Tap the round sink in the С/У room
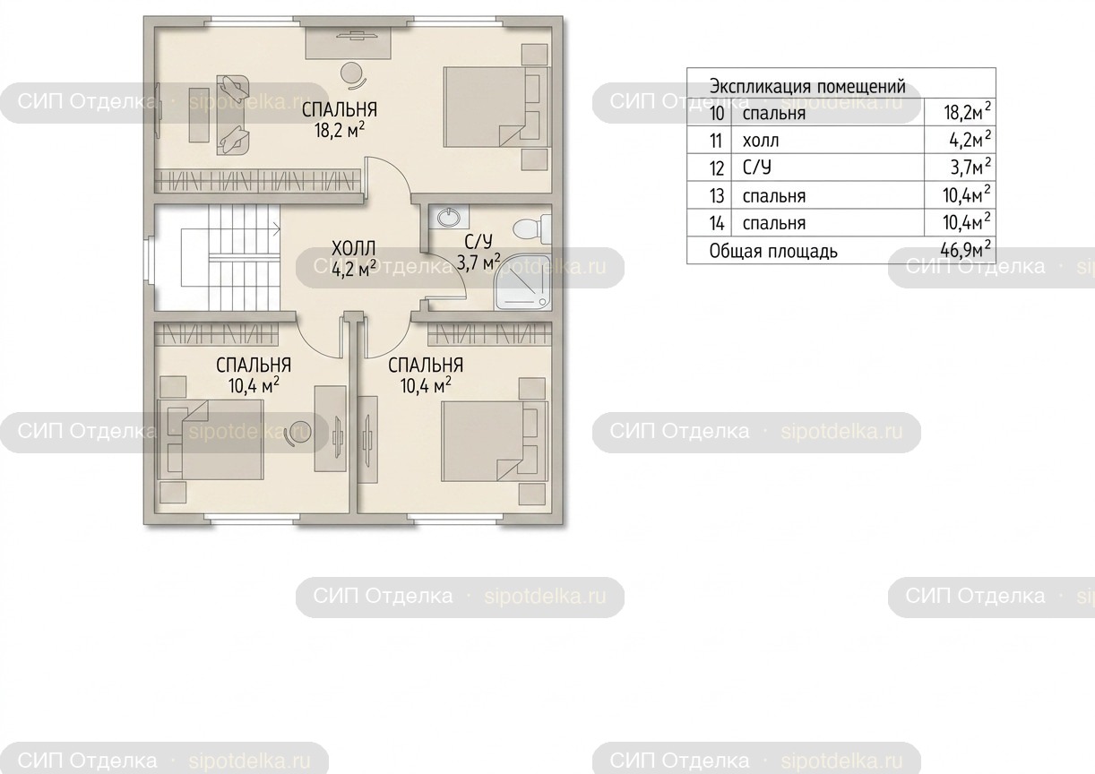[x=449, y=218]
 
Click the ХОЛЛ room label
[x=353, y=248]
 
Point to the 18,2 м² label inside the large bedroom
[x=340, y=131]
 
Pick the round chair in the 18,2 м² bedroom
[x=352, y=75]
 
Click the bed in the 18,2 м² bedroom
[x=496, y=107]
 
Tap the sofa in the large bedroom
[x=232, y=115]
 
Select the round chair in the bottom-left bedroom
[x=297, y=433]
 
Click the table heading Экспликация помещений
[x=807, y=87]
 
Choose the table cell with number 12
[x=716, y=168]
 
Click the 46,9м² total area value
[x=965, y=250]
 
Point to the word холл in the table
[x=761, y=141]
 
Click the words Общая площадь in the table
[x=773, y=251]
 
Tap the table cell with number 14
[x=717, y=223]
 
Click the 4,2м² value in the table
[x=970, y=140]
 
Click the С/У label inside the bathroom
[x=479, y=242]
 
